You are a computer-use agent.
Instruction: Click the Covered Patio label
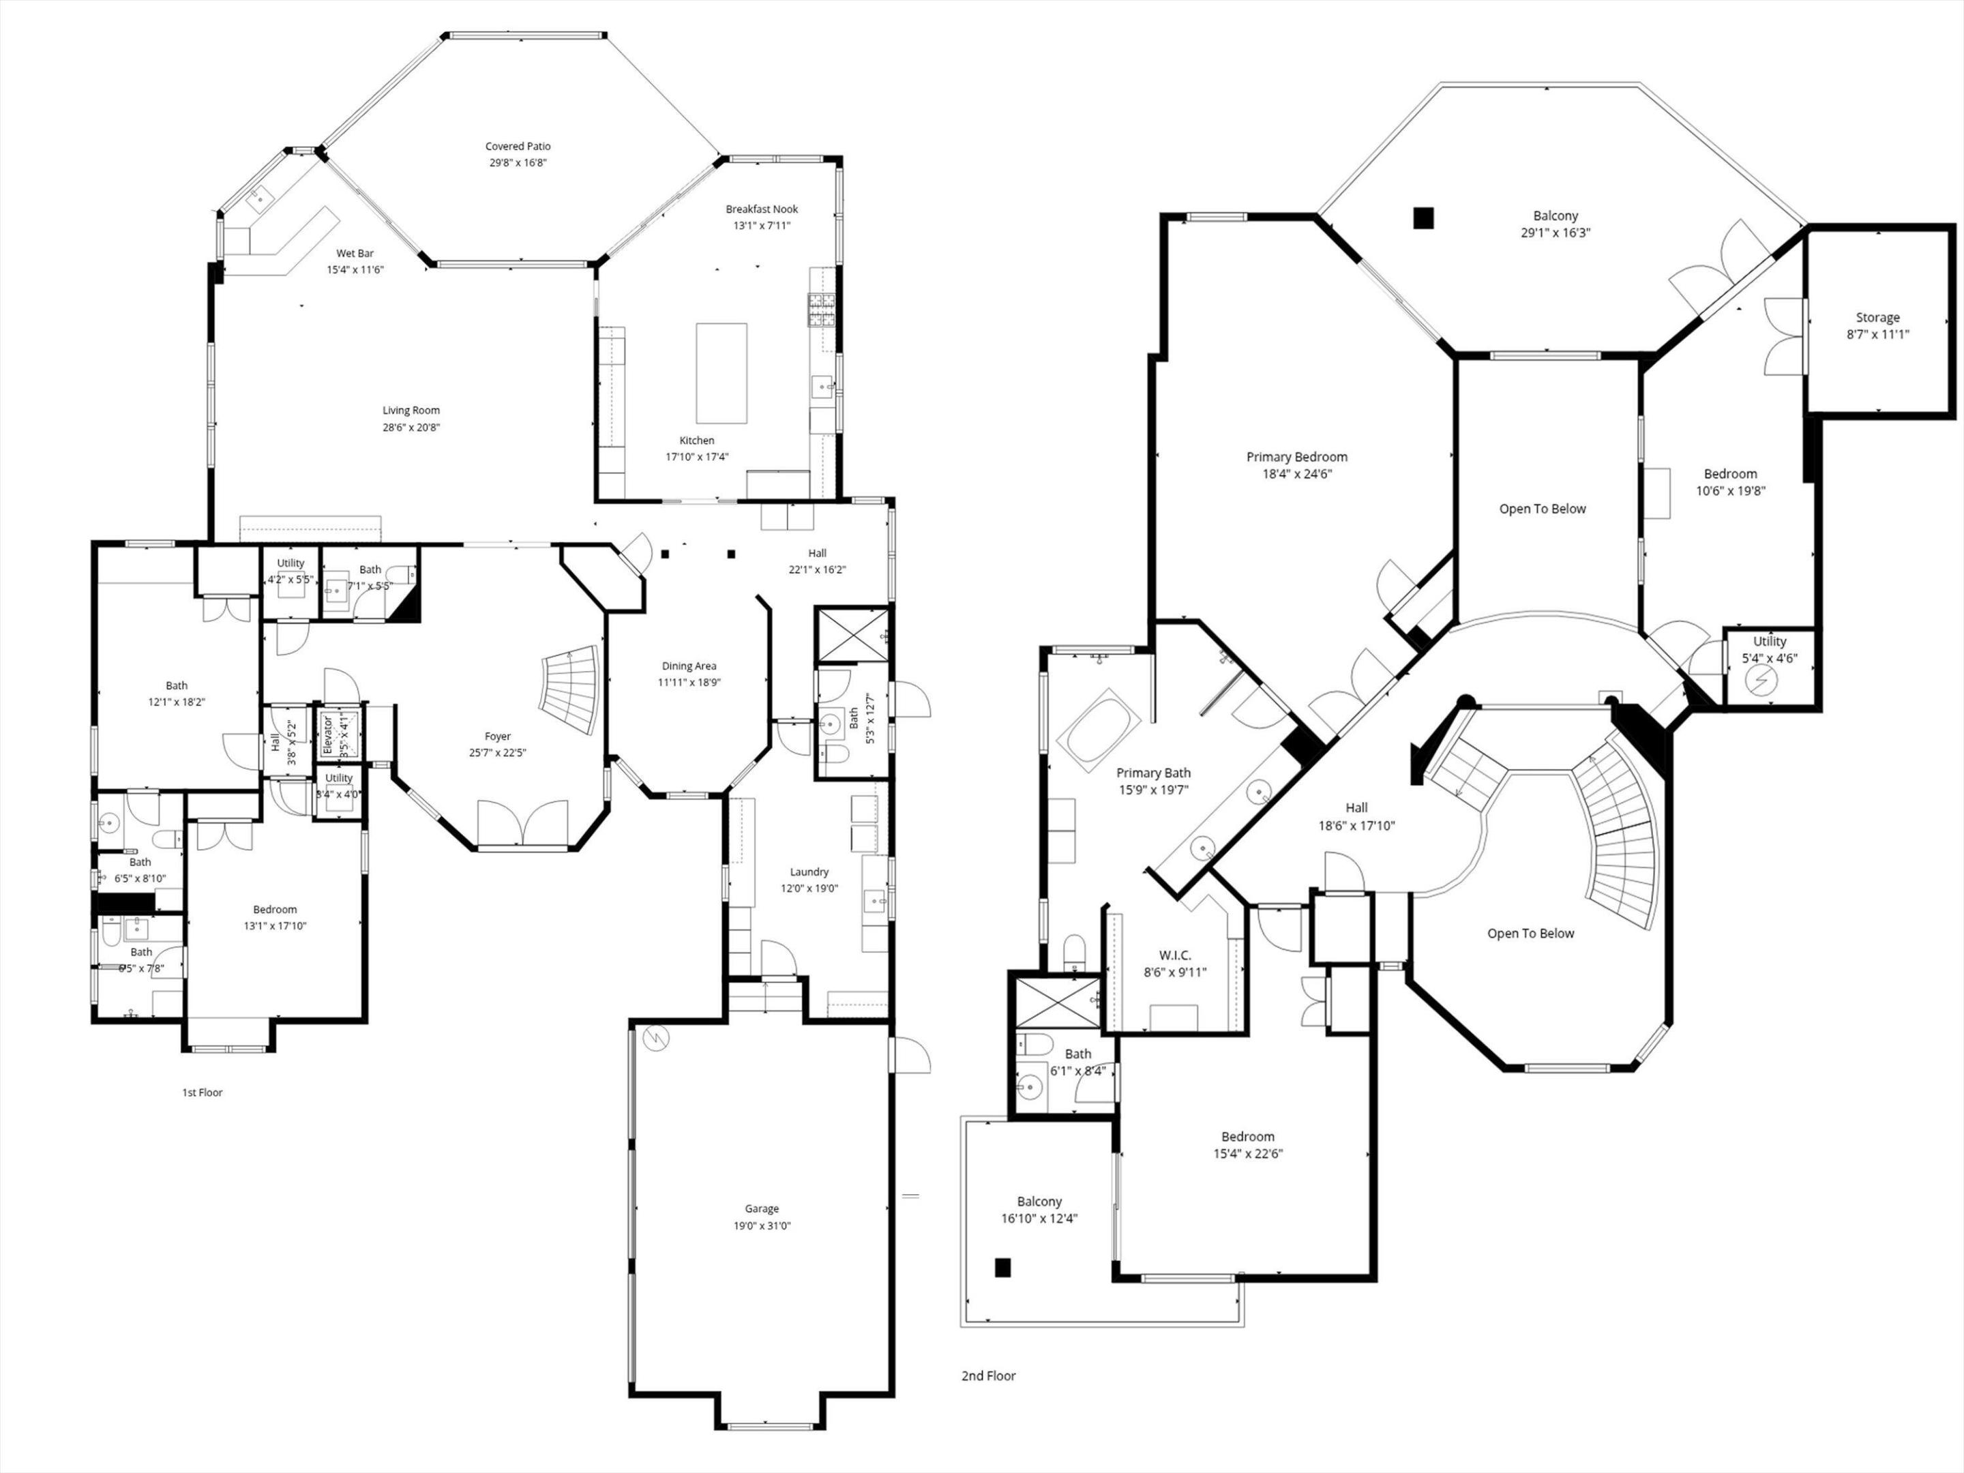tap(518, 147)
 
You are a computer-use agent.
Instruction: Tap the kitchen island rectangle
tap(721, 373)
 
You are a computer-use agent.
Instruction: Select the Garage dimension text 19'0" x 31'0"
tap(762, 1225)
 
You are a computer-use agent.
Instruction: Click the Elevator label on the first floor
tap(327, 734)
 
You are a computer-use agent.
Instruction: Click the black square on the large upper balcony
tap(1423, 218)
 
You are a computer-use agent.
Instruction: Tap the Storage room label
tap(1877, 317)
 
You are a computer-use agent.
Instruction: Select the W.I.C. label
tap(1175, 955)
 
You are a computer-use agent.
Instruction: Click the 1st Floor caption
tap(203, 1092)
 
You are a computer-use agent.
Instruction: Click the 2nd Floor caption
tap(988, 1375)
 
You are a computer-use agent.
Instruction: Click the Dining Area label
tap(689, 666)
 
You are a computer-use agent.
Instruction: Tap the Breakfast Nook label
tap(762, 209)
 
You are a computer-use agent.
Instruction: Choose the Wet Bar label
tap(355, 253)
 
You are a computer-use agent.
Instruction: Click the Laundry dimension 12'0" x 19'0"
tap(809, 888)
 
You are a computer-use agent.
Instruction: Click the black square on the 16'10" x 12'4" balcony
tap(1002, 1268)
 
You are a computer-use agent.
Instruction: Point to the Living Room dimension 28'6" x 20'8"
tap(411, 427)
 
